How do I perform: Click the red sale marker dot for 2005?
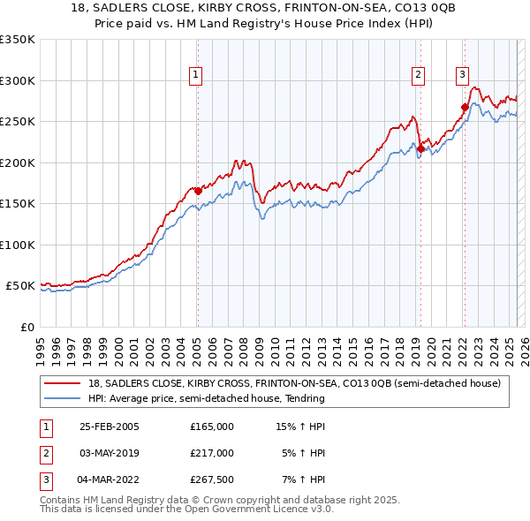[x=198, y=191]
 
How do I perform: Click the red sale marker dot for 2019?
[x=420, y=148]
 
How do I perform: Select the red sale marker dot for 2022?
[x=465, y=107]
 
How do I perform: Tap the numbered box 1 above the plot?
[x=195, y=75]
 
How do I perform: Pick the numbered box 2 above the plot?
[x=418, y=75]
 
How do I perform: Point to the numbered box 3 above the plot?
[x=462, y=75]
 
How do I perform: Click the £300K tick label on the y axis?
[x=17, y=80]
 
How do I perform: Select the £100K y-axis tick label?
[x=17, y=245]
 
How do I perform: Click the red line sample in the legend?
[x=63, y=383]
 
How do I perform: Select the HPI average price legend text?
[x=207, y=398]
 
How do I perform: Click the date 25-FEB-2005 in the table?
[x=109, y=426]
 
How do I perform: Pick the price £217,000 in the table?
[x=211, y=453]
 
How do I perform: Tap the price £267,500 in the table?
[x=211, y=479]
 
